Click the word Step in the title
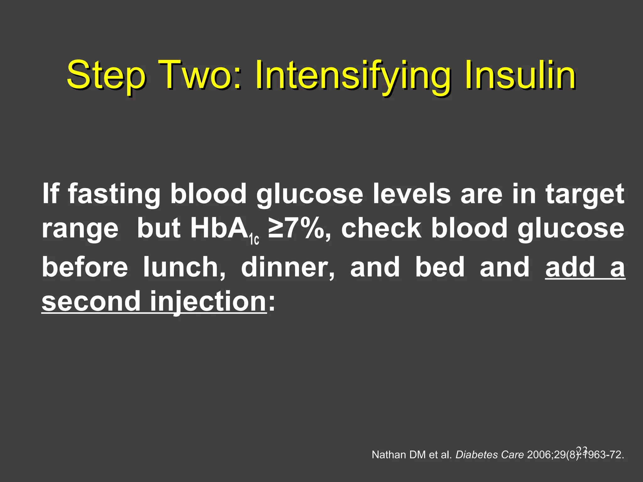click(106, 76)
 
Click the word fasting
click(114, 194)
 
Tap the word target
click(585, 194)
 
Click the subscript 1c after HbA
click(254, 240)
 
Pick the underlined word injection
click(208, 301)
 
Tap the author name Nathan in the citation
click(389, 455)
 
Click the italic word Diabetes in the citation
click(473, 455)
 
